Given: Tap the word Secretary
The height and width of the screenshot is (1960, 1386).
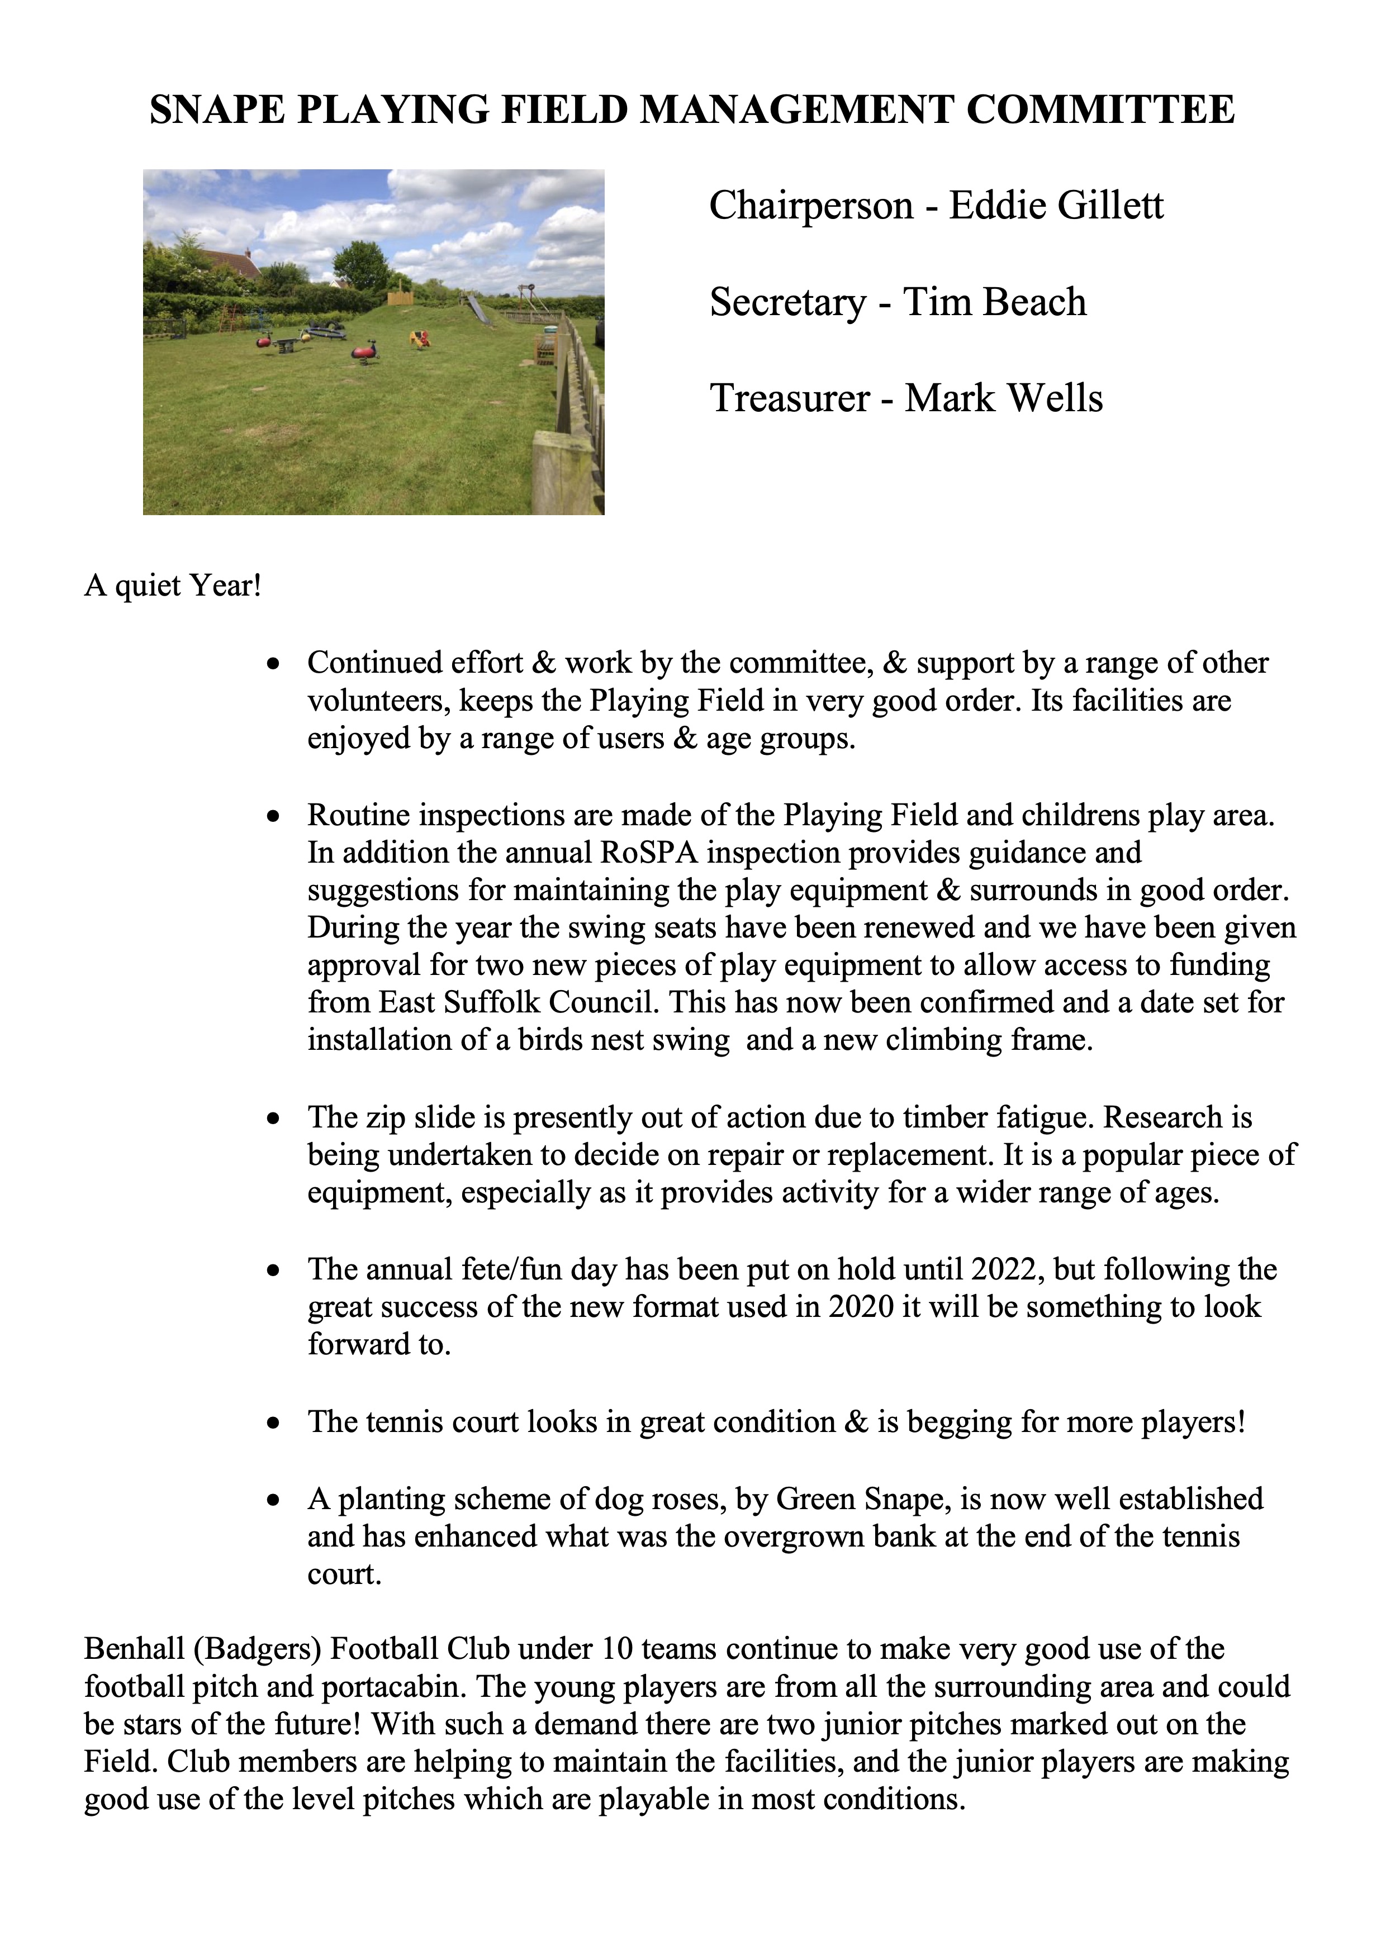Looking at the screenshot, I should (x=786, y=302).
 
